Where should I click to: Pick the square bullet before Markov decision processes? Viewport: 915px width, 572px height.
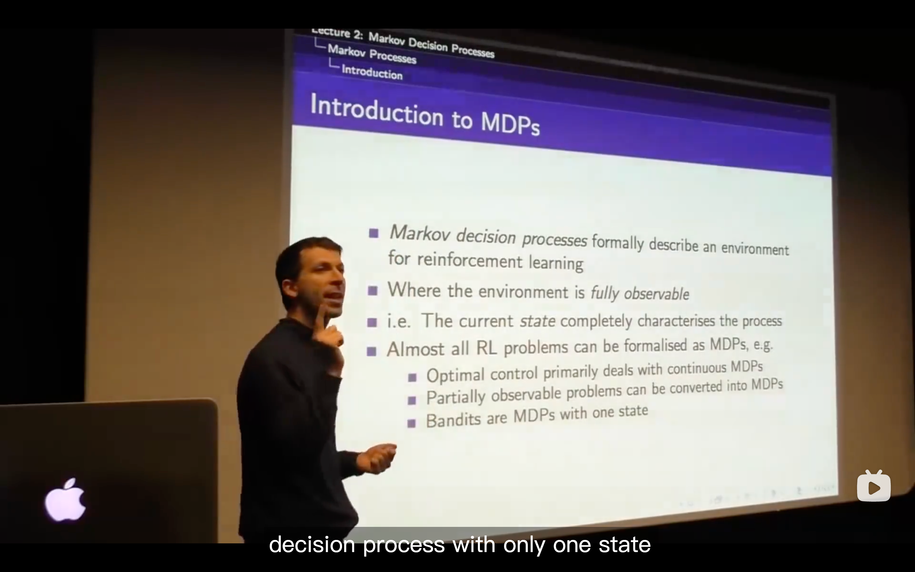coord(374,233)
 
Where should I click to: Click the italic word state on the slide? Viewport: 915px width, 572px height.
coord(537,321)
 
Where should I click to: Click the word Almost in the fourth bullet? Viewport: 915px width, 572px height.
coord(415,349)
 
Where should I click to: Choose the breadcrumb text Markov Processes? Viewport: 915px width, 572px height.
coord(372,54)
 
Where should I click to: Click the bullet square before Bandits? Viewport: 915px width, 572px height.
coord(411,423)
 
